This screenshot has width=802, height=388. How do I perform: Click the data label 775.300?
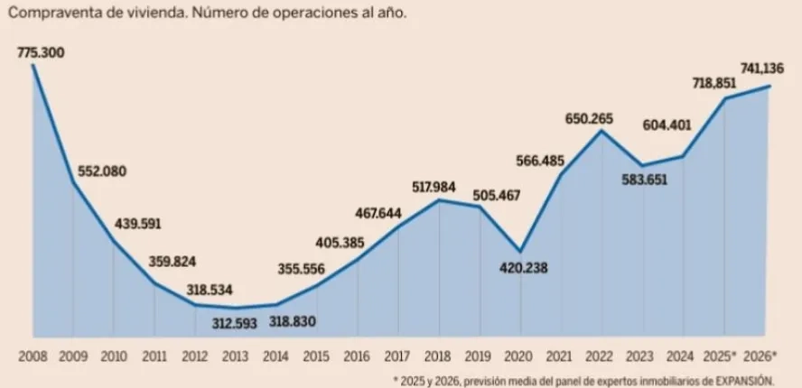pos(41,53)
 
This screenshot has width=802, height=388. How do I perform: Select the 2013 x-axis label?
pos(235,356)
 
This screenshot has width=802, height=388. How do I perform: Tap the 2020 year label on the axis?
pos(520,356)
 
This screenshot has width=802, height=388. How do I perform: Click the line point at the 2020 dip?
pos(520,251)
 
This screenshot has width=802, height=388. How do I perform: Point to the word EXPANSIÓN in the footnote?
pos(746,380)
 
